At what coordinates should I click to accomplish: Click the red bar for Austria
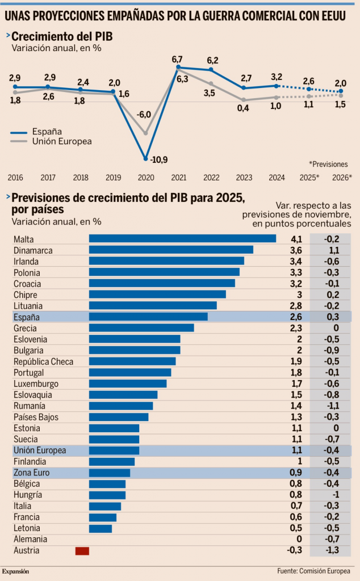pyautogui.click(x=82, y=550)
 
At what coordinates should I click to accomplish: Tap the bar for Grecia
pyautogui.click(x=141, y=328)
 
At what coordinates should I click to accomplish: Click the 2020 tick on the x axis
pyautogui.click(x=146, y=178)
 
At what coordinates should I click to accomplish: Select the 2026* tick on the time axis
pyautogui.click(x=342, y=178)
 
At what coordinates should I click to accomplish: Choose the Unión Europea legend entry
pyautogui.click(x=62, y=141)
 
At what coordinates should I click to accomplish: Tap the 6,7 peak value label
pyautogui.click(x=177, y=60)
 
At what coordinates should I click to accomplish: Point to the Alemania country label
pyautogui.click(x=30, y=539)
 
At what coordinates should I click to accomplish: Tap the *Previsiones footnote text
pyautogui.click(x=328, y=163)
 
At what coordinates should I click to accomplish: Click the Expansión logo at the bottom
pyautogui.click(x=16, y=571)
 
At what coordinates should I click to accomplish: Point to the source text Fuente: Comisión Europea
pyautogui.click(x=315, y=571)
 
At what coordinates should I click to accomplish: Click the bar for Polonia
pyautogui.click(x=164, y=272)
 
